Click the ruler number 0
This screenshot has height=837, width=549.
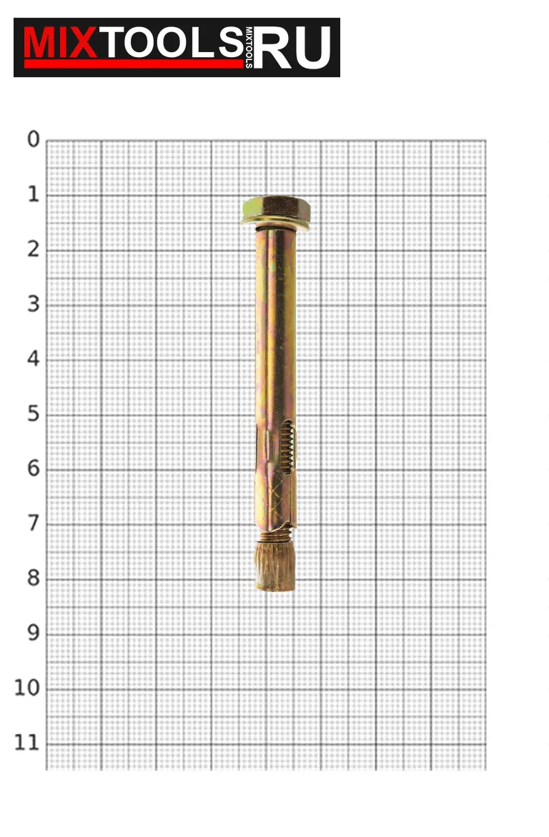34,139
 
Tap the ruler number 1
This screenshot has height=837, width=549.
34,194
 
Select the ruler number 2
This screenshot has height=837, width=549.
34,249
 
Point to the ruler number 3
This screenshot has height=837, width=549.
34,304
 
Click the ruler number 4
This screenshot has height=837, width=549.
34,359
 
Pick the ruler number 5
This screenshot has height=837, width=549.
34,414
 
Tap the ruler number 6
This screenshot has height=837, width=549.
34,468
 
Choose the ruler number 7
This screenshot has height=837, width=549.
34,523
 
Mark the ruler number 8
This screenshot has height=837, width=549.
34,578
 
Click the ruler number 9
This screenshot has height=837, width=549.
34,633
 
